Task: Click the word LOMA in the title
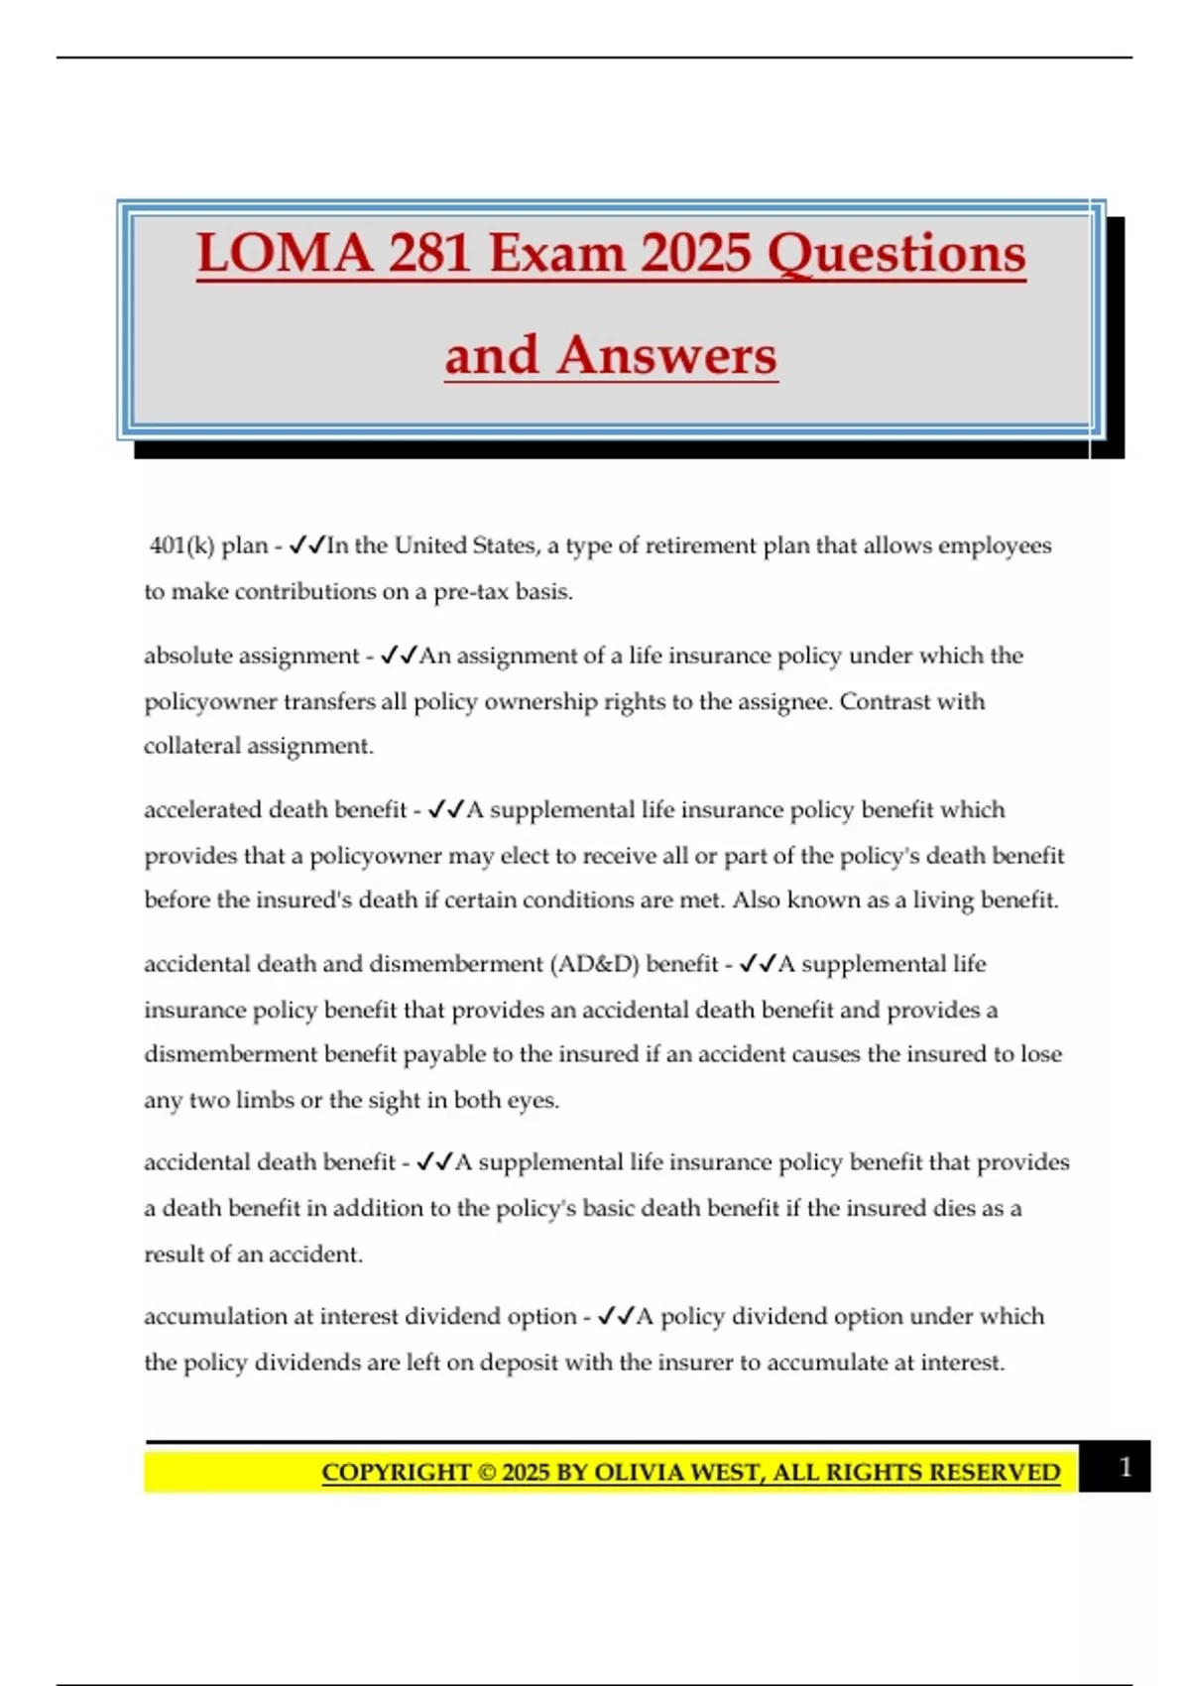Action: [x=285, y=254]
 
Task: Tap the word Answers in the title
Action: [x=666, y=356]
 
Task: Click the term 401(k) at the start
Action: [x=182, y=545]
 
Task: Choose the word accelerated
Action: [x=202, y=810]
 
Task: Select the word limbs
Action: [x=266, y=1100]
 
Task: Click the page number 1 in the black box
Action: [x=1125, y=1467]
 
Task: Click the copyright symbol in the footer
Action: [x=487, y=1473]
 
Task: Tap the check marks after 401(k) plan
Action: [x=306, y=545]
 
